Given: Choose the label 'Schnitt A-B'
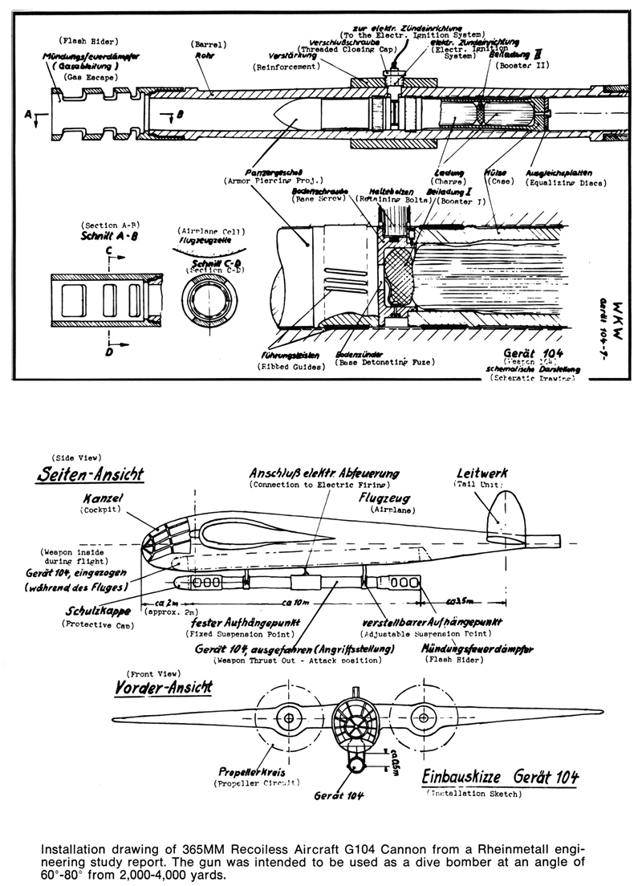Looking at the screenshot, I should point(108,238).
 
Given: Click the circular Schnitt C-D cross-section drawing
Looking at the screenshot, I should point(207,299).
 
